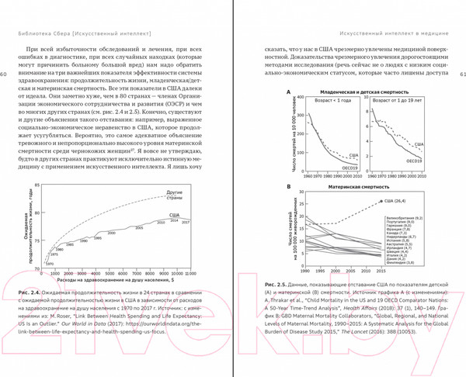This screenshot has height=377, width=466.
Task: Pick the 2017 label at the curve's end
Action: [x=185, y=222]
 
